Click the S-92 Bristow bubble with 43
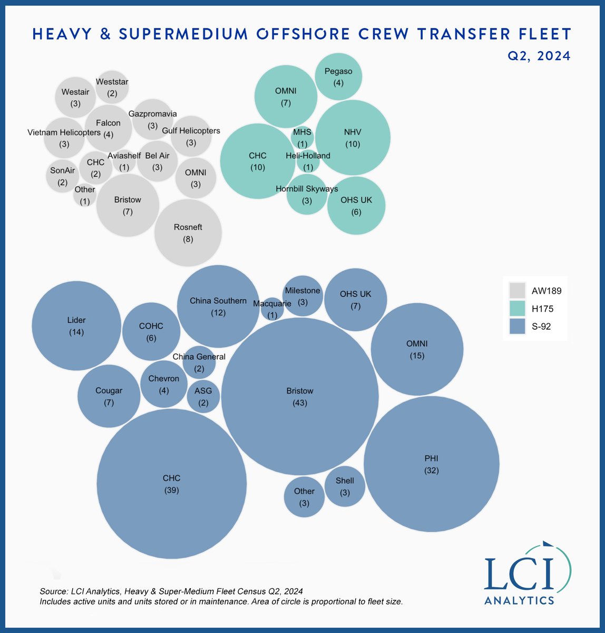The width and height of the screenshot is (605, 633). coord(300,397)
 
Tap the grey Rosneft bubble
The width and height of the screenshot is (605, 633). coord(188,233)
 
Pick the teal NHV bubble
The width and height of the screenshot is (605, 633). coord(353,137)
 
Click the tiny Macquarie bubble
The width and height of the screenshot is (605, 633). coord(272,309)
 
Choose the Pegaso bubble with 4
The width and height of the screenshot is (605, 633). coord(338,77)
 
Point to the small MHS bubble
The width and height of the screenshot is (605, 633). coord(302,138)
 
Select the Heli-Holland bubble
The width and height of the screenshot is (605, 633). coord(308,161)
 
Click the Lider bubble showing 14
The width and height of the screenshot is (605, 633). coord(76,326)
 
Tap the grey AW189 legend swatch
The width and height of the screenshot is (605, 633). coord(517,290)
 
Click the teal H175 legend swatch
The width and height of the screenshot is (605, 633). coord(517,309)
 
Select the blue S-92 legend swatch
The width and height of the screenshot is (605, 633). coord(517,327)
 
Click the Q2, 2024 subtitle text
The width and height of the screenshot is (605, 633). coord(538,55)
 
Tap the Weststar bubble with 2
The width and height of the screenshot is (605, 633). coord(112,87)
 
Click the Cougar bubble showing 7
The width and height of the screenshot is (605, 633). coord(109,396)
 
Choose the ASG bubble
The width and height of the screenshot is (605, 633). coord(203,396)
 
